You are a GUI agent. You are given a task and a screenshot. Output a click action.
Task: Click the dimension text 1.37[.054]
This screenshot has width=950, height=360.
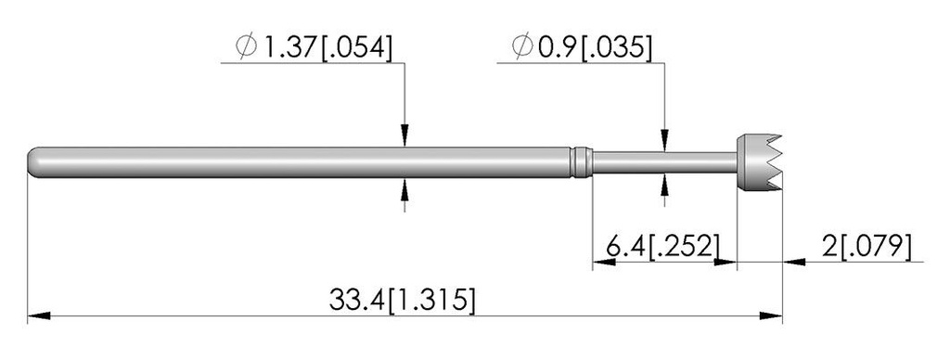point(327,47)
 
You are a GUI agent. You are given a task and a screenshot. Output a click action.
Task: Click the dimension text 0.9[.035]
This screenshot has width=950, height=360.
point(595,47)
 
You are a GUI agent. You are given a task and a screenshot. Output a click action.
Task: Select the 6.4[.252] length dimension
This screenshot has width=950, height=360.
point(662,248)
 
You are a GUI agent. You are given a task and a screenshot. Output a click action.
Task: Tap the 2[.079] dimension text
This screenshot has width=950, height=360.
point(867,248)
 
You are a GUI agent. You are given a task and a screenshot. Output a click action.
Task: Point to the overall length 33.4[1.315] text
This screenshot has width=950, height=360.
point(403,300)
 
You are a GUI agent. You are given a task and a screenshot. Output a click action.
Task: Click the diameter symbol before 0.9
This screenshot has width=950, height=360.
point(522,46)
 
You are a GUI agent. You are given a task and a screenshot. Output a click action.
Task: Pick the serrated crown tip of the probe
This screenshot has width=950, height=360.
point(759,161)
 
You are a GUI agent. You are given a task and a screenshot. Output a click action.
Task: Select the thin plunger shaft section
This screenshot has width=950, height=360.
point(664,161)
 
